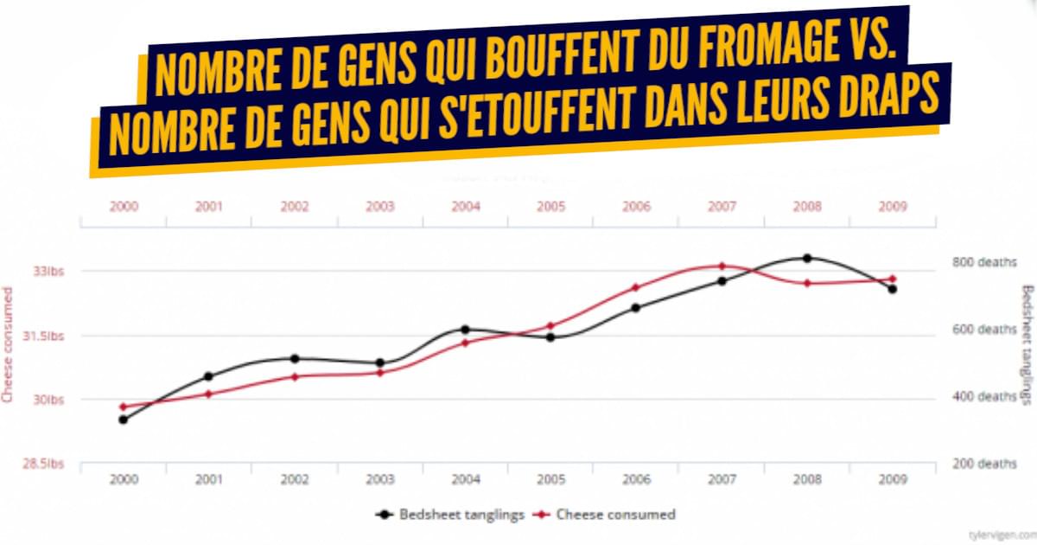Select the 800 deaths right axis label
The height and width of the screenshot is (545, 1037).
(x=983, y=262)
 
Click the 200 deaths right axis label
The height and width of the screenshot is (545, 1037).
(x=983, y=464)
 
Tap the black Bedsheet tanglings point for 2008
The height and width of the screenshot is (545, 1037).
(x=807, y=258)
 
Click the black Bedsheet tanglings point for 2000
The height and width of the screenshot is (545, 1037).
(x=124, y=420)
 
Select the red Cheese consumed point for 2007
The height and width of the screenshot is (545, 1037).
(x=722, y=266)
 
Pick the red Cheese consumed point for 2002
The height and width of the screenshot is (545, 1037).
(x=295, y=376)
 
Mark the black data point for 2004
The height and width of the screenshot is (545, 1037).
(x=465, y=330)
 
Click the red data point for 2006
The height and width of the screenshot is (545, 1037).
(x=635, y=287)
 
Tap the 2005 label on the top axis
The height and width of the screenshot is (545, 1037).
(x=550, y=207)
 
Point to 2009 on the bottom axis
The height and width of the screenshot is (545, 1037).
(x=892, y=478)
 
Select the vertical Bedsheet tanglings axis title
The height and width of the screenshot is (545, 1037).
(x=1027, y=344)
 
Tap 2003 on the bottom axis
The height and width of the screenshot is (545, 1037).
(x=380, y=478)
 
